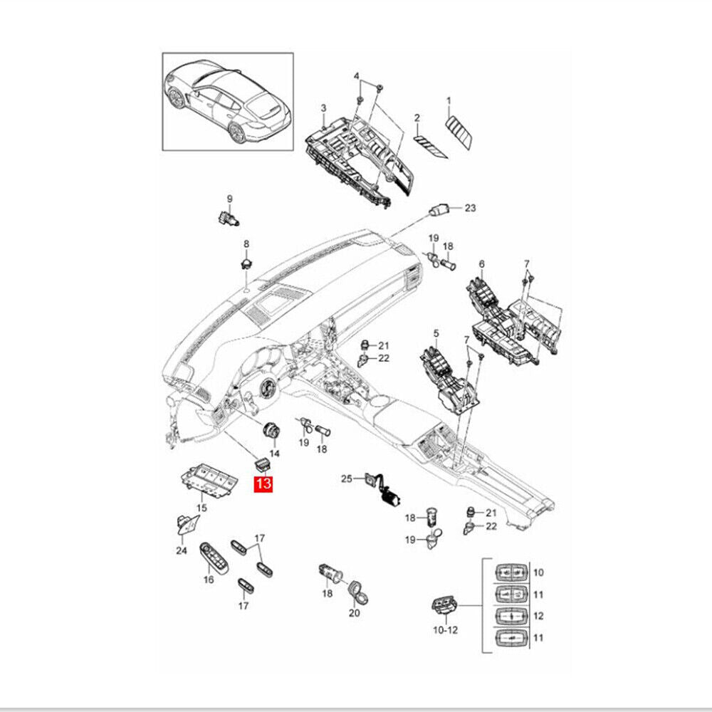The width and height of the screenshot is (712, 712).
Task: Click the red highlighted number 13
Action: coord(263,485)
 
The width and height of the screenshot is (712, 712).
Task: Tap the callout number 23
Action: coord(469,209)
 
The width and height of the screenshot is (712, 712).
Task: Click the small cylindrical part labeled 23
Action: coord(439,210)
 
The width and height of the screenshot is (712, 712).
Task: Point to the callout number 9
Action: coord(229,198)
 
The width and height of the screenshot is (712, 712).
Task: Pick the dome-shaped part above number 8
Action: coord(246,263)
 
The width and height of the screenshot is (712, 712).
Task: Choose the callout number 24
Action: coord(181,550)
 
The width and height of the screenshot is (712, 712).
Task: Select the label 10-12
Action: coord(445,630)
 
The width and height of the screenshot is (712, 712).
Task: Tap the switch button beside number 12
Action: coord(512,615)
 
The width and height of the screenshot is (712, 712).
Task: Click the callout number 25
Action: coord(347,479)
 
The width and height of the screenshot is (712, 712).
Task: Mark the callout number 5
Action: coord(436,333)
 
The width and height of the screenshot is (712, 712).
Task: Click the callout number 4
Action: coord(357,76)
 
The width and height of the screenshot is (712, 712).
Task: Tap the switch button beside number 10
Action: coord(512,572)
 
